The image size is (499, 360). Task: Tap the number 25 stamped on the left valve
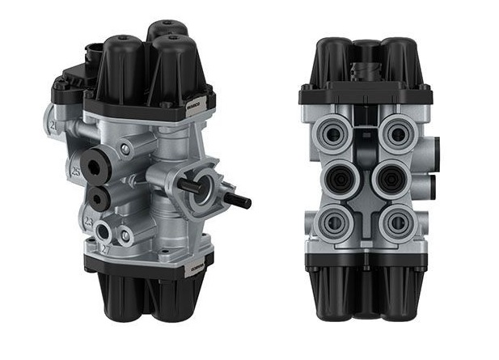pyautogui.click(x=74, y=172)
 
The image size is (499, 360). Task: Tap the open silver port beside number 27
pyautogui.click(x=104, y=234)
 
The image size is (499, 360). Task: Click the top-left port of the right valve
pyautogui.click(x=333, y=132)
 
